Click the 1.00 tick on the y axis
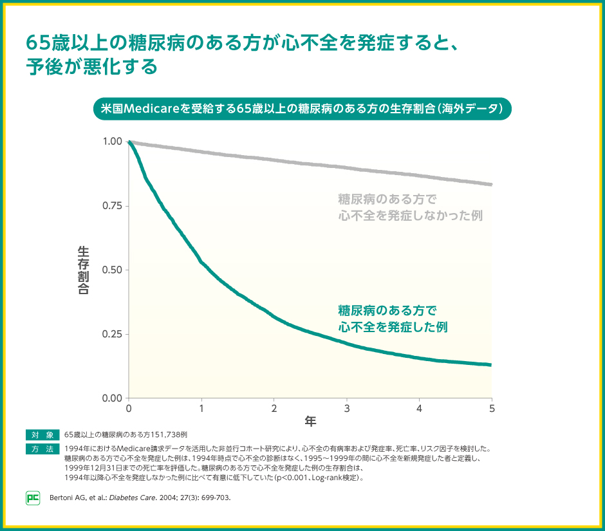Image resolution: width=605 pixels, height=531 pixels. point(113,141)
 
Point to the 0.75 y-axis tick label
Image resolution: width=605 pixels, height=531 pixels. point(113,205)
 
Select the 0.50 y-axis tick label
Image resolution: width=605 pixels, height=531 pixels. point(113,270)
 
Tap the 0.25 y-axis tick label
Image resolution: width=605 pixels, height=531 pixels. point(113,334)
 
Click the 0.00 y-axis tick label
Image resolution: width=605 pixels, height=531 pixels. point(113,398)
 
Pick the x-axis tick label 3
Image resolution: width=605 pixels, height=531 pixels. point(347,409)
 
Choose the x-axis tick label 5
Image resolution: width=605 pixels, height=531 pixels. point(492,409)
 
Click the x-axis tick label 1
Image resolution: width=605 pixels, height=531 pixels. point(201,409)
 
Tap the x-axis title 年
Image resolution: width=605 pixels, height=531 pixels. point(310,422)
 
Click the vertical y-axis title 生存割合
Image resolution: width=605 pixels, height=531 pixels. point(83,270)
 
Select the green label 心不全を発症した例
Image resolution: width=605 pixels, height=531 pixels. point(393,327)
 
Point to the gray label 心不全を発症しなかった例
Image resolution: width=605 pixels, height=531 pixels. point(410,215)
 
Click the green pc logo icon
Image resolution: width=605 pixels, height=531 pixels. point(33,498)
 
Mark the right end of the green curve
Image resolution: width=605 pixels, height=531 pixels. point(491,365)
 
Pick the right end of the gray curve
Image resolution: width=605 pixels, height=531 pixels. point(491,184)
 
